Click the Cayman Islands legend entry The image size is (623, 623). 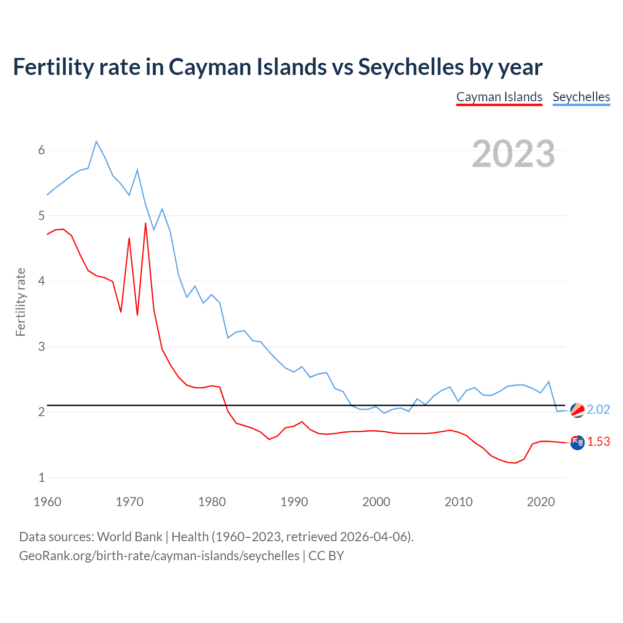pos(499,97)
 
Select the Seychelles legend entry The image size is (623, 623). pos(581,97)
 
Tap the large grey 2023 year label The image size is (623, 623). pos(513,154)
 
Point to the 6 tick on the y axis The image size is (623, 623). pos(41,150)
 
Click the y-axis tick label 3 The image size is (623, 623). pos(41,347)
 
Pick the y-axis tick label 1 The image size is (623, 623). pos(41,477)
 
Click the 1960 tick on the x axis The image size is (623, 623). pos(47,502)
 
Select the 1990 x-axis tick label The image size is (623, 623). pos(294,502)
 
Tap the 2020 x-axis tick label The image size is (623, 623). pos(541,502)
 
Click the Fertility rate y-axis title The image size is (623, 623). pos(20,302)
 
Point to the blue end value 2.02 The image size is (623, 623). pos(598,410)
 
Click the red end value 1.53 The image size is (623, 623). pos(598,441)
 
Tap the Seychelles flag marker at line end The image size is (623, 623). pos(577,410)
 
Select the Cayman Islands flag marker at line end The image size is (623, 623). pos(577,442)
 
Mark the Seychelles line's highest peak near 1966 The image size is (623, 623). pos(96,142)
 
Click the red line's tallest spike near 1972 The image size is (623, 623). pos(146,223)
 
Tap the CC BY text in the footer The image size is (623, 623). pos(326,555)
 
